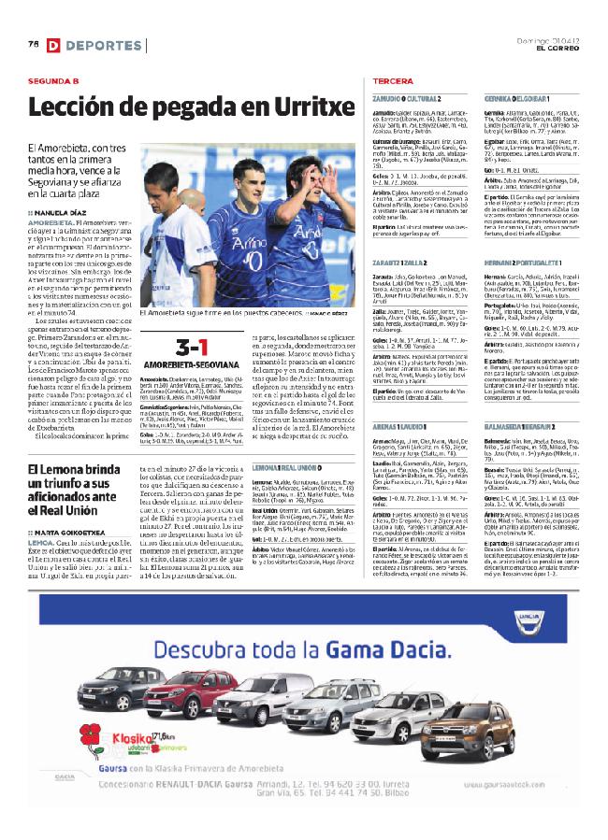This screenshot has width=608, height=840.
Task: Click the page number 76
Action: (33, 45)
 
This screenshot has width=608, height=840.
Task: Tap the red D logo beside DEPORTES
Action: (54, 46)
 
